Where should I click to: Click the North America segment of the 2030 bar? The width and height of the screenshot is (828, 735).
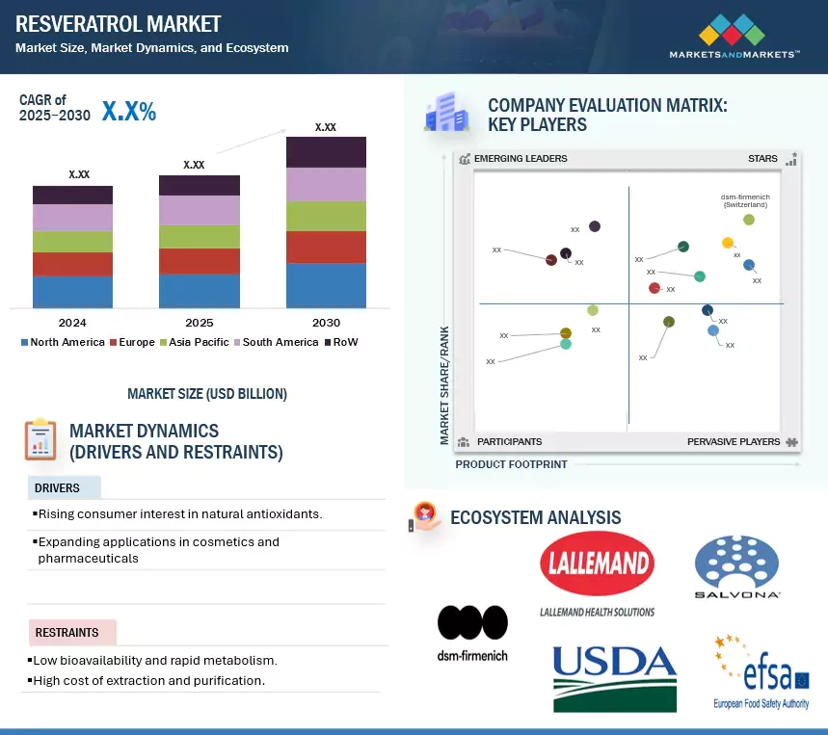[x=326, y=285]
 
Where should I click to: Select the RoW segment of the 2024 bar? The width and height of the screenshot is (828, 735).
[x=72, y=195]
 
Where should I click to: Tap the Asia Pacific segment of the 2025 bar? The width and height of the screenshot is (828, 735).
[x=200, y=237]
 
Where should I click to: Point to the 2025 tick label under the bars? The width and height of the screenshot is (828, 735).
[x=200, y=323]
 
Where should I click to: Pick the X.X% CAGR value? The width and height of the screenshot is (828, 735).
[x=129, y=112]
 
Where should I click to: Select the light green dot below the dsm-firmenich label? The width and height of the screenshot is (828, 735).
[x=749, y=220]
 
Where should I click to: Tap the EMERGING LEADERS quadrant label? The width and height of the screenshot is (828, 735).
[x=521, y=158]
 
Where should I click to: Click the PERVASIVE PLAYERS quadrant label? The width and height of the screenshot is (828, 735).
[x=734, y=441]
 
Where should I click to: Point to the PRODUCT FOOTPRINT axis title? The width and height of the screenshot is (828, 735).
[x=511, y=464]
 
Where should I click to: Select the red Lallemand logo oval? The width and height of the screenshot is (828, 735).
[x=597, y=564]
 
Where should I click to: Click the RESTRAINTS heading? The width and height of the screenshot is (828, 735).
[x=67, y=633]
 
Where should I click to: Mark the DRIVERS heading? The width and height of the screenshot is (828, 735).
[x=58, y=488]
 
